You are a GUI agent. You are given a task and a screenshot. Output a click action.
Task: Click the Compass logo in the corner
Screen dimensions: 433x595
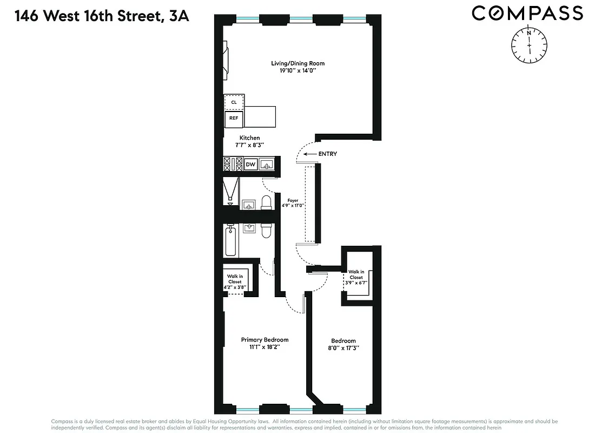click(x=527, y=13)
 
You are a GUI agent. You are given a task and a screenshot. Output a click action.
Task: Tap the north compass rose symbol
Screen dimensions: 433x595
click(x=529, y=43)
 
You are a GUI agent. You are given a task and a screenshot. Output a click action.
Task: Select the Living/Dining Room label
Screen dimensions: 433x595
click(x=297, y=63)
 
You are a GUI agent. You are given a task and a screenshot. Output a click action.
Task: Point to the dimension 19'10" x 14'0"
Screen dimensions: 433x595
click(x=297, y=71)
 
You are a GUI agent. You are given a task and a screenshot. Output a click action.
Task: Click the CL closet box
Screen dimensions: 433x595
click(x=234, y=102)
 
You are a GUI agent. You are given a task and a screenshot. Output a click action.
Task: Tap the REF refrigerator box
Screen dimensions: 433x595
click(x=234, y=117)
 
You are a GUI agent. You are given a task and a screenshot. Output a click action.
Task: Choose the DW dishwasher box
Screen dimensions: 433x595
click(x=250, y=164)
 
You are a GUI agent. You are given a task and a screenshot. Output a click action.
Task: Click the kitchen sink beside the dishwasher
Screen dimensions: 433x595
click(x=267, y=164)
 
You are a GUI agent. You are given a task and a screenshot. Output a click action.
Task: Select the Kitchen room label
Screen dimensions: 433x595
click(x=250, y=138)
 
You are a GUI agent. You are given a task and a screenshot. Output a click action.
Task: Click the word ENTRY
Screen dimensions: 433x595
click(x=328, y=154)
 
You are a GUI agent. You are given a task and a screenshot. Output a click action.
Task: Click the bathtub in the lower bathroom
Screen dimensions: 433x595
click(x=230, y=242)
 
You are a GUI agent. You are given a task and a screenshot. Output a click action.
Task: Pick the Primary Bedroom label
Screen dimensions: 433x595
click(x=265, y=340)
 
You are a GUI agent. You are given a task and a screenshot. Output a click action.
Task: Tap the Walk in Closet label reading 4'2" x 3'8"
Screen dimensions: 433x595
click(x=235, y=281)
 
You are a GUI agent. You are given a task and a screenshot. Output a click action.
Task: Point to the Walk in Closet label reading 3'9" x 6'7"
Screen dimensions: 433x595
click(x=356, y=277)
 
